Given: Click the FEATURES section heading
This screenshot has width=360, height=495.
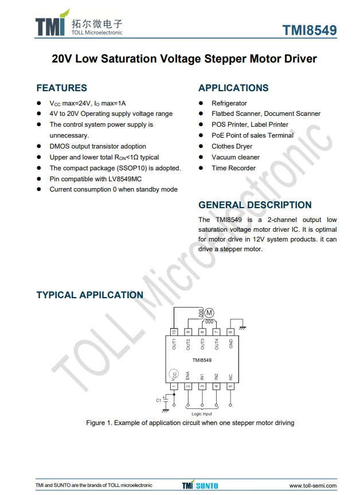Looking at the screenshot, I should [x=61, y=88].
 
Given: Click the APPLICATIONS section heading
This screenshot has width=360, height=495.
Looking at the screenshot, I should [x=233, y=88].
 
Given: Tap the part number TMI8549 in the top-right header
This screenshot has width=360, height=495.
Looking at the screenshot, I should [x=310, y=30].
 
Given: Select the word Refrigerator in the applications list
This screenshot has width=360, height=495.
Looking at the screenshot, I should [x=229, y=103].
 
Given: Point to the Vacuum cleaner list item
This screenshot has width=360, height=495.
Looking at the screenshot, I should [x=236, y=157].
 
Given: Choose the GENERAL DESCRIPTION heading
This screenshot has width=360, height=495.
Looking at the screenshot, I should [x=255, y=205].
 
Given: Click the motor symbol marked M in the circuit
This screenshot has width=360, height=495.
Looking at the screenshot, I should [x=209, y=313].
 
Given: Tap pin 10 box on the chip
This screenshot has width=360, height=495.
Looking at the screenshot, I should [x=174, y=332].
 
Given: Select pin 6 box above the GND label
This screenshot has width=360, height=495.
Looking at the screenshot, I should [x=230, y=332].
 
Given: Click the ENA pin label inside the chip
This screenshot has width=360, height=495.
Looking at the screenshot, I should [x=188, y=376].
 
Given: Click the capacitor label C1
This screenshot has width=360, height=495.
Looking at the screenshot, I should [x=159, y=400].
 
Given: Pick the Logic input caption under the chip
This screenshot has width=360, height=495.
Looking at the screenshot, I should [x=201, y=414].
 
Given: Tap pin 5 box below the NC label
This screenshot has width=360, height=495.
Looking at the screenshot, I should [x=230, y=387].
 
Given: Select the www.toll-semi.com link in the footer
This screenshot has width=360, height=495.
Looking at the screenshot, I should [x=312, y=486].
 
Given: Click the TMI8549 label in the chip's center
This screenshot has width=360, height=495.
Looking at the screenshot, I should [x=202, y=360].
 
